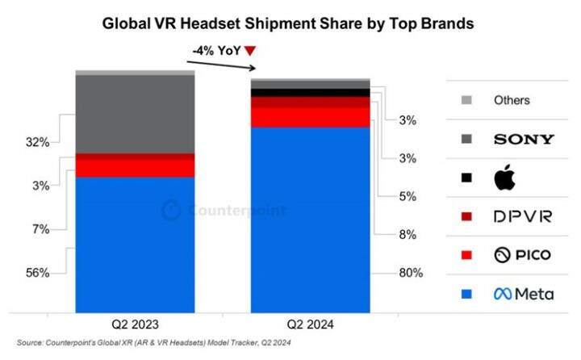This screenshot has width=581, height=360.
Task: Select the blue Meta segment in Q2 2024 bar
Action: click(x=311, y=219)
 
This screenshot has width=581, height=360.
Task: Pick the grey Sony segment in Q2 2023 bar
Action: click(x=135, y=114)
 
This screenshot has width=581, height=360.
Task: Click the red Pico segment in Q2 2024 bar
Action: click(x=311, y=117)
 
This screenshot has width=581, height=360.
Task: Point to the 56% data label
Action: click(x=38, y=274)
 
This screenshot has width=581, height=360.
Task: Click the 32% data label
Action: click(x=38, y=143)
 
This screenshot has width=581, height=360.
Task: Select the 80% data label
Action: click(x=410, y=273)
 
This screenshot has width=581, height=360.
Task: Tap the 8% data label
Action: click(x=408, y=235)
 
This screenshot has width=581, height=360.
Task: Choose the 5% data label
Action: click(x=408, y=196)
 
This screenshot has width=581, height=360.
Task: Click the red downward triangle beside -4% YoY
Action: click(x=250, y=51)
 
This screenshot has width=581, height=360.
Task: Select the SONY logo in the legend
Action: click(x=524, y=140)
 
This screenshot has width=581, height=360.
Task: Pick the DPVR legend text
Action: click(x=522, y=216)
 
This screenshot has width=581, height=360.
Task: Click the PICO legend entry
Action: click(x=522, y=255)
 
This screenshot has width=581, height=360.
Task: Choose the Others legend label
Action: click(x=512, y=101)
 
